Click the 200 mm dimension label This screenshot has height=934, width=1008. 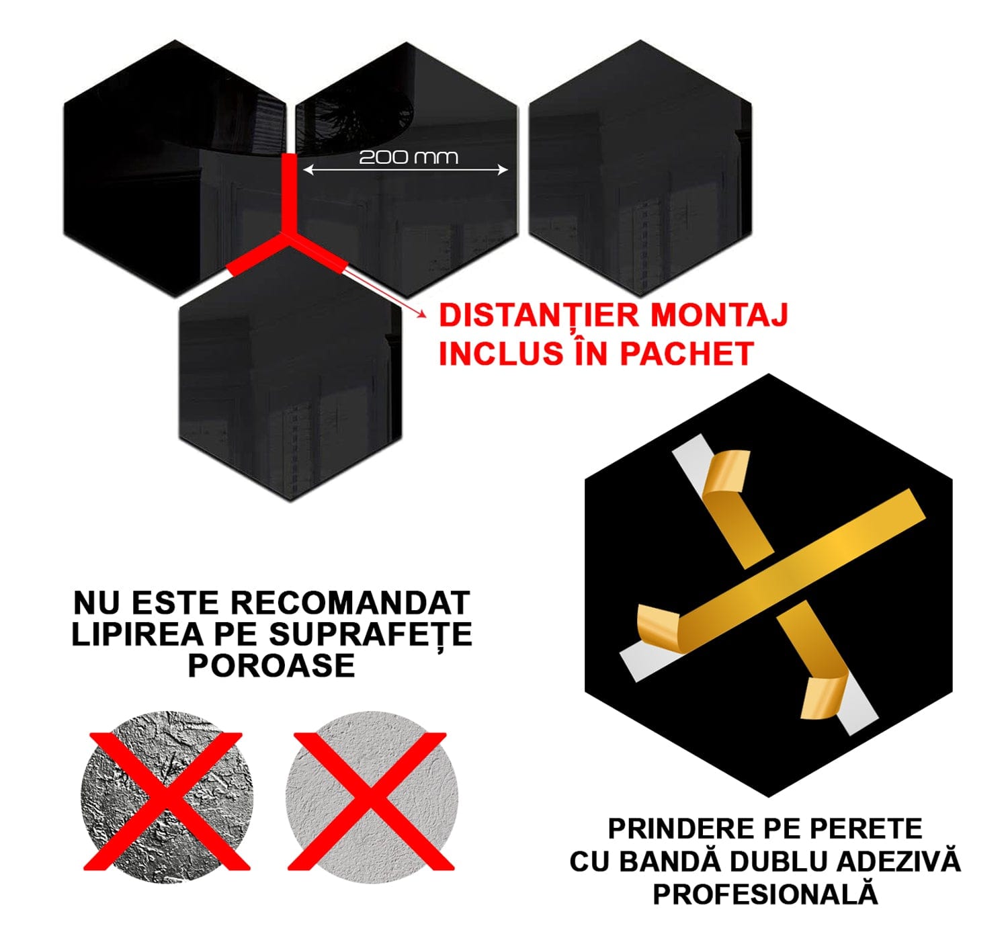pyautogui.click(x=408, y=157)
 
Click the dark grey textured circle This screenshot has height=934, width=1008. pyautogui.click(x=167, y=798)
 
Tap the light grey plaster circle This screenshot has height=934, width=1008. pyautogui.click(x=371, y=798)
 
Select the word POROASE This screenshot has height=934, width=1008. pyautogui.click(x=271, y=666)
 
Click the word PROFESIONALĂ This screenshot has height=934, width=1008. pyautogui.click(x=765, y=894)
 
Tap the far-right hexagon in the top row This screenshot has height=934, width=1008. pyautogui.click(x=640, y=168)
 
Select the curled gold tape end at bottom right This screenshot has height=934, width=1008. pyautogui.click(x=823, y=699)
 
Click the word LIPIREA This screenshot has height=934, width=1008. pyautogui.click(x=127, y=634)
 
